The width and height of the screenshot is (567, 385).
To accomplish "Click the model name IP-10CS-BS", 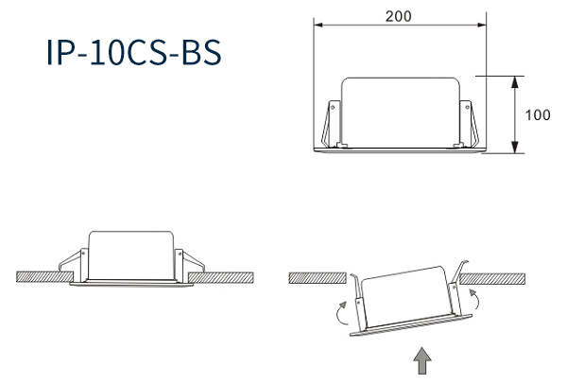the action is (134, 52).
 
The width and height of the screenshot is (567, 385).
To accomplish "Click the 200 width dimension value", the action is (398, 16).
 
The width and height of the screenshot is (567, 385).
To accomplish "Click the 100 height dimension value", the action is (538, 115).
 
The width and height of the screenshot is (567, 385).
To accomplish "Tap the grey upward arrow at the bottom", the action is (422, 360).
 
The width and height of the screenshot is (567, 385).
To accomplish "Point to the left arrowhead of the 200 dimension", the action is (318, 25).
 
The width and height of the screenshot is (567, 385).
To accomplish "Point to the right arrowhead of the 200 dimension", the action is (482, 25).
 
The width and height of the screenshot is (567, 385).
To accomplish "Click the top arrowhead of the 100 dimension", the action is (515, 82).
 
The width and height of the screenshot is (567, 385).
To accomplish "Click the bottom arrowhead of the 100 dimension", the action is (515, 147).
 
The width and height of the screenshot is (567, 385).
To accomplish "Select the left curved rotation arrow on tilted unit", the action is (340, 313).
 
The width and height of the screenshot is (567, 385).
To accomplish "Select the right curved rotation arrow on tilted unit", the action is (476, 298).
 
